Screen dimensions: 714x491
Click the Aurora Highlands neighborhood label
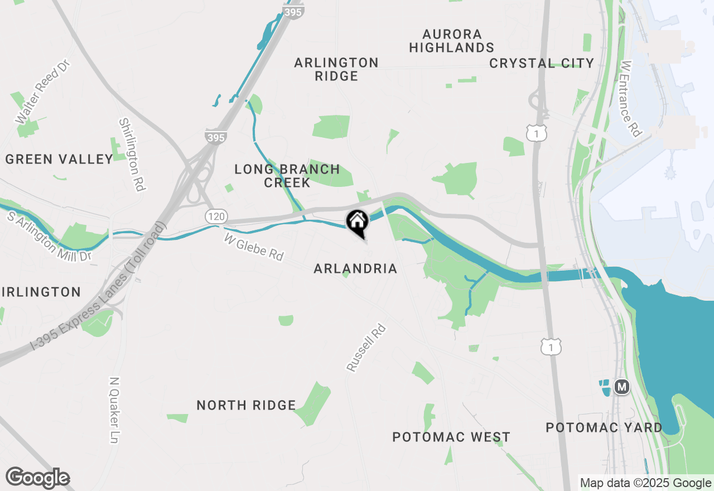pyautogui.click(x=451, y=41)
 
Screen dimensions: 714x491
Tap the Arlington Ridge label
pyautogui.click(x=336, y=69)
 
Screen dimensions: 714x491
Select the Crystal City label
pyautogui.click(x=541, y=63)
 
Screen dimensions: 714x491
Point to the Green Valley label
pyautogui.click(x=59, y=160)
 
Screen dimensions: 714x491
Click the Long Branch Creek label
pyautogui.click(x=287, y=176)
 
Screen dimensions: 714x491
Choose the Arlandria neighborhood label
pyautogui.click(x=355, y=269)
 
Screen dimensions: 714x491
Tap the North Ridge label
pyautogui.click(x=246, y=406)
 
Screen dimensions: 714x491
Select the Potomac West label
pyautogui.click(x=451, y=437)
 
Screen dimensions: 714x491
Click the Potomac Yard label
pyautogui.click(x=604, y=428)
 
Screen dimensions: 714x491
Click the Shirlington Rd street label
pyautogui.click(x=132, y=155)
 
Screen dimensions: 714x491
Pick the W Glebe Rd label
pyautogui.click(x=254, y=247)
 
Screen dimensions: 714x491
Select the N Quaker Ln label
pyautogui.click(x=114, y=410)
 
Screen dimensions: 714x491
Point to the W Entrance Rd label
pyautogui.click(x=631, y=99)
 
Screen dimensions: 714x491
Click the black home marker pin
pyautogui.click(x=357, y=222)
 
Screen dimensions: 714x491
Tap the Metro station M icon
pyautogui.click(x=621, y=386)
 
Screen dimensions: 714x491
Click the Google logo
pyautogui.click(x=37, y=478)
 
